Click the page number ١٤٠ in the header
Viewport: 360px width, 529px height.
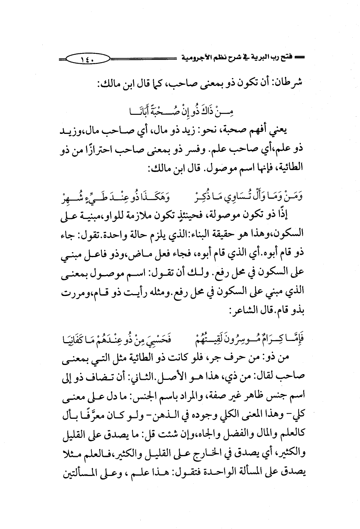[x=87, y=59]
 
